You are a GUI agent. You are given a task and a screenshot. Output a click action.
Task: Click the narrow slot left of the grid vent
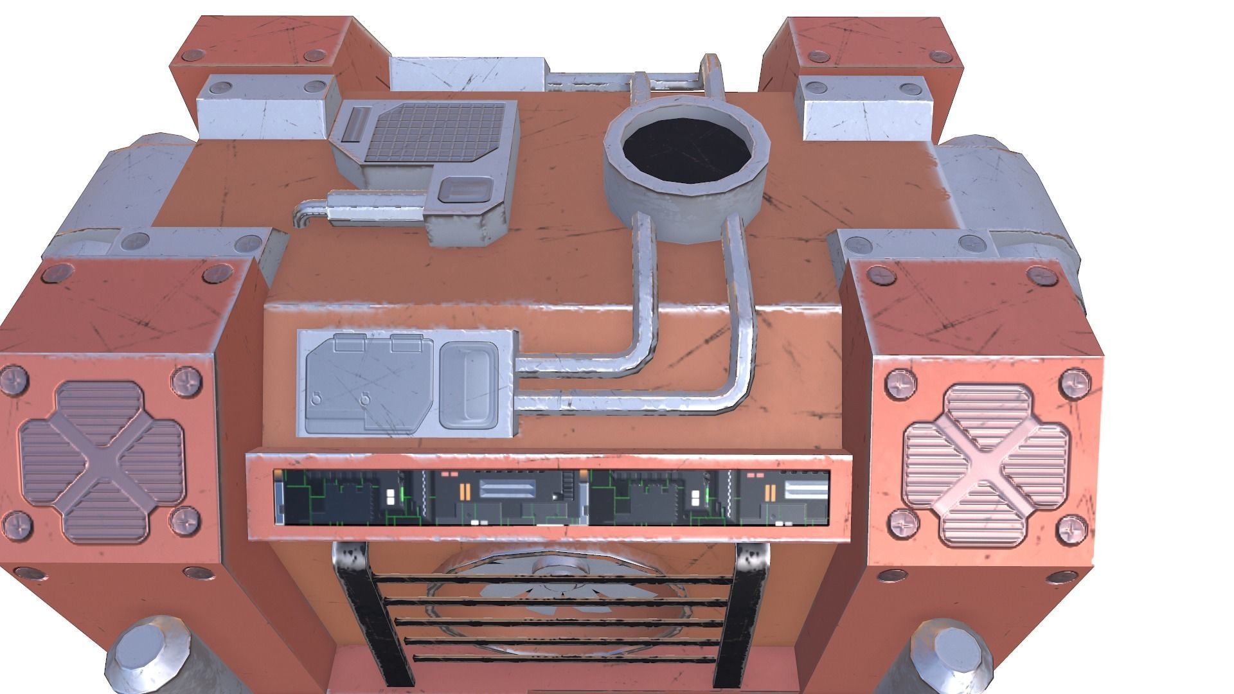[x=354, y=125]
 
